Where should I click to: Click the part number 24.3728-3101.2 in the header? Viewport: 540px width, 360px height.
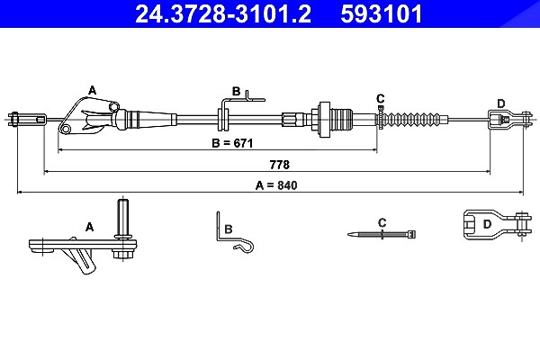[x=223, y=14]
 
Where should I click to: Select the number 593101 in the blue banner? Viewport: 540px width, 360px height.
[x=382, y=14]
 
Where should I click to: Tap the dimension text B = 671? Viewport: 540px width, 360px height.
[x=232, y=143]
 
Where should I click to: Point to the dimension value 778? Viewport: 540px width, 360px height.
[x=280, y=165]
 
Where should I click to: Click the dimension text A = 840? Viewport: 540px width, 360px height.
[x=276, y=185]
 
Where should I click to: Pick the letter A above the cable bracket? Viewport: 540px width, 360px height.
[x=92, y=91]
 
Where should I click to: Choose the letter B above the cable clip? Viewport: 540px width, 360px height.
[x=236, y=91]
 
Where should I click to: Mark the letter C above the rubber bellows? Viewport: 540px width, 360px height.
[x=380, y=99]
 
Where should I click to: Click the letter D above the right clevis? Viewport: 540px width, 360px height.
[x=501, y=103]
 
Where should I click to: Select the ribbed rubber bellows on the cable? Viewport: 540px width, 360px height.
[x=414, y=120]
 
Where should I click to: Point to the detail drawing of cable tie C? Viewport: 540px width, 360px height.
[x=382, y=235]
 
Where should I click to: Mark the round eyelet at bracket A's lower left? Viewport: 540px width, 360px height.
[x=65, y=129]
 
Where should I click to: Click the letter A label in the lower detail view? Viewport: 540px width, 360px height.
[x=89, y=227]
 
